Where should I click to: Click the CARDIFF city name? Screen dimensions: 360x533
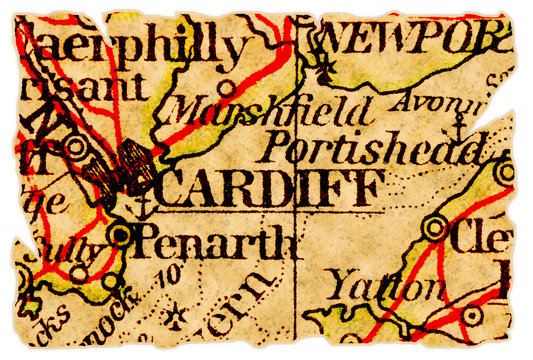coord(268,189)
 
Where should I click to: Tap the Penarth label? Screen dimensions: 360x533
coord(215,242)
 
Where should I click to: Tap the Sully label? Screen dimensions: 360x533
coord(71,250)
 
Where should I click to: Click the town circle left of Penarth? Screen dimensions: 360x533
coord(120,235)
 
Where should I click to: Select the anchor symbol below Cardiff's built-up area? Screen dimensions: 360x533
coord(141,206)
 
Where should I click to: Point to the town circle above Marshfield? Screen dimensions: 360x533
coord(229,87)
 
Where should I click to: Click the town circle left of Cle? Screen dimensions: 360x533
coord(434,229)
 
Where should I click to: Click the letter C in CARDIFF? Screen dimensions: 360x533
coord(172,189)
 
